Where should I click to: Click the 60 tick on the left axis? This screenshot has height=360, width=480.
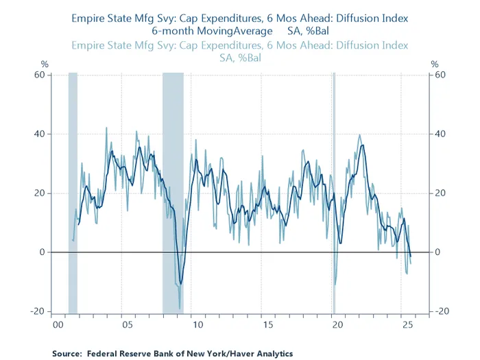[x=39, y=75]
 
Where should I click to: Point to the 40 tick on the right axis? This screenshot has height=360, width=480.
[x=441, y=134]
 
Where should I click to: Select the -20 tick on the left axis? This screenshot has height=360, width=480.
[x=37, y=311]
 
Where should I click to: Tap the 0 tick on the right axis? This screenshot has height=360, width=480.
[x=438, y=252]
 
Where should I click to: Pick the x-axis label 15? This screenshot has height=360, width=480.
[x=267, y=324]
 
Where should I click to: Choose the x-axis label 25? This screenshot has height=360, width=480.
[x=407, y=324]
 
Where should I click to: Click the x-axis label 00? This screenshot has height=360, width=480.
[x=58, y=324]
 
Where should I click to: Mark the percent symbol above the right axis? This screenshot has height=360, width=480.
[x=435, y=64]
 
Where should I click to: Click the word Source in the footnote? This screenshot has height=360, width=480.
[x=67, y=354]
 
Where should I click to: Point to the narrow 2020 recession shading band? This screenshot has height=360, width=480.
[x=334, y=192]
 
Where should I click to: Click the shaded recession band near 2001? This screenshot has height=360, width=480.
[x=73, y=192]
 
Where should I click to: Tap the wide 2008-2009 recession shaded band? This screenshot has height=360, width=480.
[x=173, y=192]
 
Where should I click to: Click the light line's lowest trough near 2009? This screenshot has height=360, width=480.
[x=180, y=309]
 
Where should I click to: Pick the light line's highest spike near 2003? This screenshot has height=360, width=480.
[x=106, y=128]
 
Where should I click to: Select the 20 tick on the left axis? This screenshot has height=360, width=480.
[x=39, y=193]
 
